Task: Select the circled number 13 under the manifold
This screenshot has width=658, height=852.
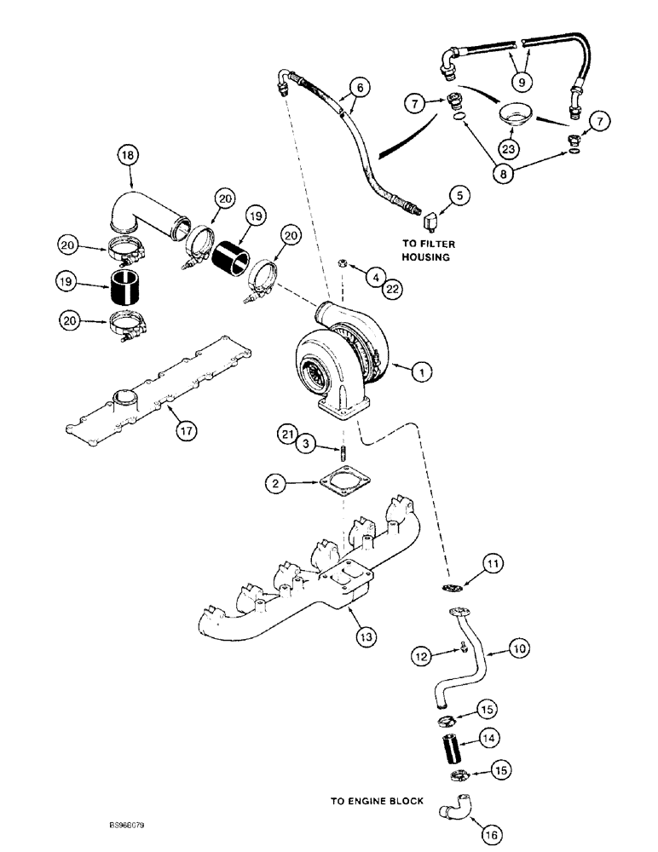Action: point(369,635)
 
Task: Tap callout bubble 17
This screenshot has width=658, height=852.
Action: point(185,432)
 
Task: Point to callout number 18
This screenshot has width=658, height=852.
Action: point(128,156)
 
